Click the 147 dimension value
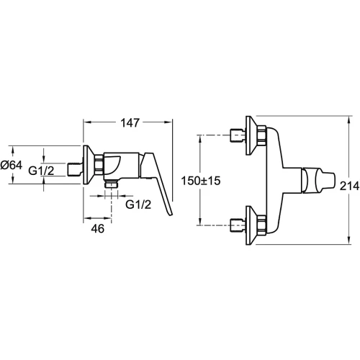(x=130, y=123)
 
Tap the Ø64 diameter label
(x=12, y=165)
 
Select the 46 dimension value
(x=98, y=228)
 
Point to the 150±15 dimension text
(x=201, y=181)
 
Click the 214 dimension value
(x=349, y=186)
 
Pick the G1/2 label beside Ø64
(x=41, y=171)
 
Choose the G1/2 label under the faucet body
(x=138, y=204)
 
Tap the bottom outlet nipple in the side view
(x=111, y=184)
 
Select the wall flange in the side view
(x=88, y=165)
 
